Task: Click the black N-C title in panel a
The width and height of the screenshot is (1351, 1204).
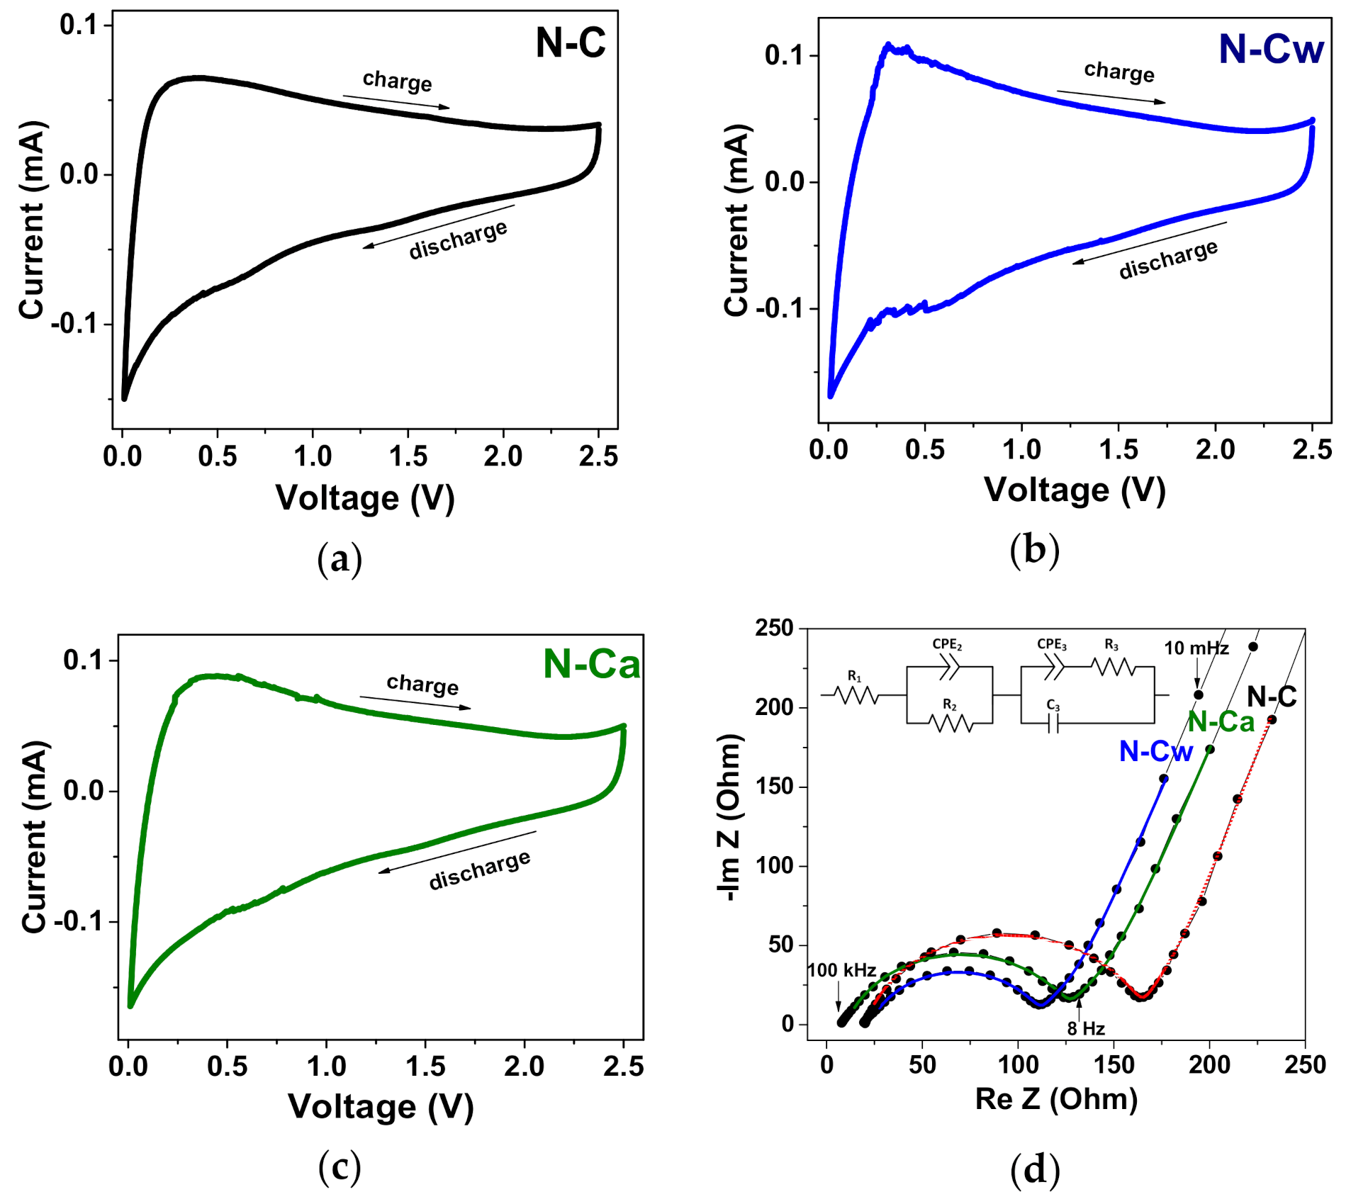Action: coord(570,43)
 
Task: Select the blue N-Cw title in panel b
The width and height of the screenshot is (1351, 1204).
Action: coord(1270,50)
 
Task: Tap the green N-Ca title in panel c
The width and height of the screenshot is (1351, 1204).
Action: coord(590,665)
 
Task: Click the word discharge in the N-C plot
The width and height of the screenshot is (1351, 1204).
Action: coord(458,240)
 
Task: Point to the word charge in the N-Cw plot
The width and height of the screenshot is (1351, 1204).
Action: coord(1119,72)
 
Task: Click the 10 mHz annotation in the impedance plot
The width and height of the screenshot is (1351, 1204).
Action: coord(1196,648)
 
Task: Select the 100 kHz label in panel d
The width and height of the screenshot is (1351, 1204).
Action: coord(841,970)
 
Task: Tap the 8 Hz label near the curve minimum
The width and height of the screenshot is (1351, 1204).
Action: coord(1085,1028)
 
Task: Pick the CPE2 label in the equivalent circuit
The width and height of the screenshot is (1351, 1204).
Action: coord(946,645)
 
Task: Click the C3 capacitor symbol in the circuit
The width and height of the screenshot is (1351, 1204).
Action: coord(1053,723)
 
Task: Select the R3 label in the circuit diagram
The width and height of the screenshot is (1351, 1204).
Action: coord(1111,645)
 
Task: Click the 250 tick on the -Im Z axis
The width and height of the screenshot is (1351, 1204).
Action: coord(774,628)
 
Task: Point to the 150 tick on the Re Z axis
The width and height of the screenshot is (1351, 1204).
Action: coord(1114,1064)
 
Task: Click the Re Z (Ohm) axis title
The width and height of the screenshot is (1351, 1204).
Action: coord(1056,1099)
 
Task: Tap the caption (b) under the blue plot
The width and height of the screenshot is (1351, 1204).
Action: coord(1034,550)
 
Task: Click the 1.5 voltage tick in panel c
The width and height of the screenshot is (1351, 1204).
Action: coord(425,1067)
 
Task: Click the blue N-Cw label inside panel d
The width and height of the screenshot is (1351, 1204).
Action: coord(1155,751)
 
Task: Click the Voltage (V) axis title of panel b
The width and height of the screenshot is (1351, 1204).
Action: coord(1075,490)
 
